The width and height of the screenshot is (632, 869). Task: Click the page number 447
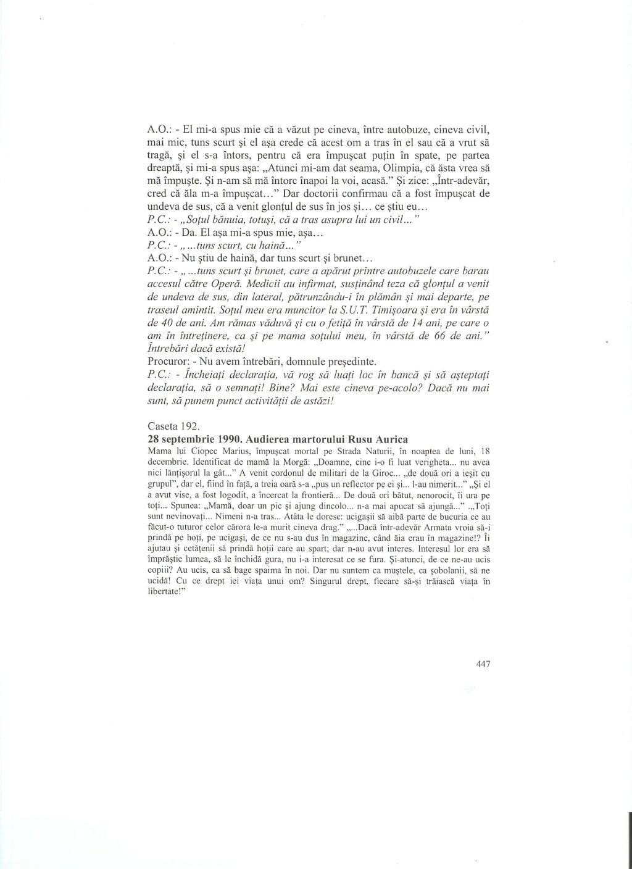(483, 664)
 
